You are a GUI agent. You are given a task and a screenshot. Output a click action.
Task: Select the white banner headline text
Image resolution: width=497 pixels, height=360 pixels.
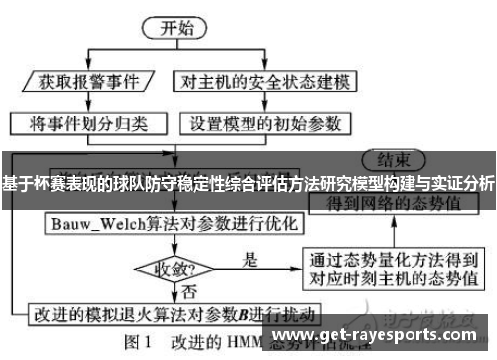pos(248,184)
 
